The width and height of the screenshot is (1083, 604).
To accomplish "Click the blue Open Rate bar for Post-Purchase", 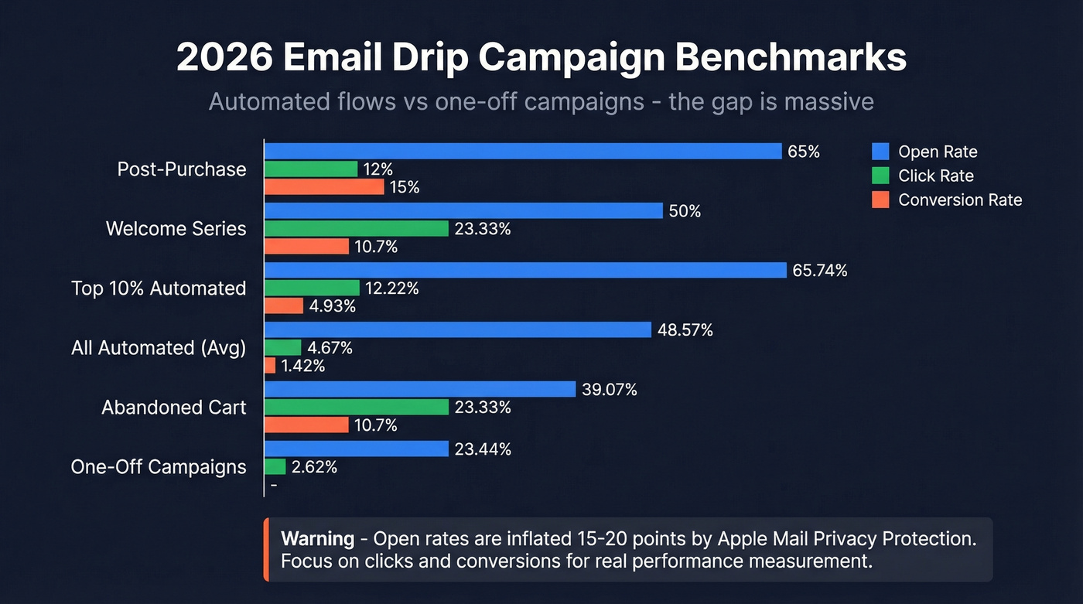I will [x=523, y=151].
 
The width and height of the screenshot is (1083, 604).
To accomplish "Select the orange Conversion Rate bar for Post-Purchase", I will [x=324, y=187].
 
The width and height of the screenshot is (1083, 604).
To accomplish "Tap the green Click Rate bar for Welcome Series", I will [x=357, y=229].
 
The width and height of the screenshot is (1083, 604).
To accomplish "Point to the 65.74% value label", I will [x=820, y=271].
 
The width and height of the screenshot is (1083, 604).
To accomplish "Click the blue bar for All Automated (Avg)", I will [x=458, y=330].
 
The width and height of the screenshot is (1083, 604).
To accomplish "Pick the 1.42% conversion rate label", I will [x=303, y=367].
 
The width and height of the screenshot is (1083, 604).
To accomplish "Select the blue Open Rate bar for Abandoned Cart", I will [x=420, y=390].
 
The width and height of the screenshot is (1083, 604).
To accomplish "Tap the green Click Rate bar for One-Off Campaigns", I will [x=275, y=467].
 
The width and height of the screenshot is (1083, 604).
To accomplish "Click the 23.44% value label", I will [x=483, y=449].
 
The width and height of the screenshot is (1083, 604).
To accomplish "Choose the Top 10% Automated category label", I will [x=159, y=288].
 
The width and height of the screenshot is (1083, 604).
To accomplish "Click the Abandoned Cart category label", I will [x=173, y=408].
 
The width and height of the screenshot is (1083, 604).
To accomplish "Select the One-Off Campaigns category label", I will [x=159, y=467].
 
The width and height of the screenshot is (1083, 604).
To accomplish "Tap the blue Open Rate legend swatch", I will [x=880, y=152].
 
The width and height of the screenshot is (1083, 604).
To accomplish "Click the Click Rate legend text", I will [x=935, y=176].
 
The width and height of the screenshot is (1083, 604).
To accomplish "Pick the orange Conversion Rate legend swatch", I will [x=880, y=200].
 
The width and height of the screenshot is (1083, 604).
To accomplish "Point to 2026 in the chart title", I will [x=220, y=59].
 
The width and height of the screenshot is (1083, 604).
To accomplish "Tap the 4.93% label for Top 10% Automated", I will [x=333, y=307].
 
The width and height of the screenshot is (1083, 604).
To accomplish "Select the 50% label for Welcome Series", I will [x=685, y=211].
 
